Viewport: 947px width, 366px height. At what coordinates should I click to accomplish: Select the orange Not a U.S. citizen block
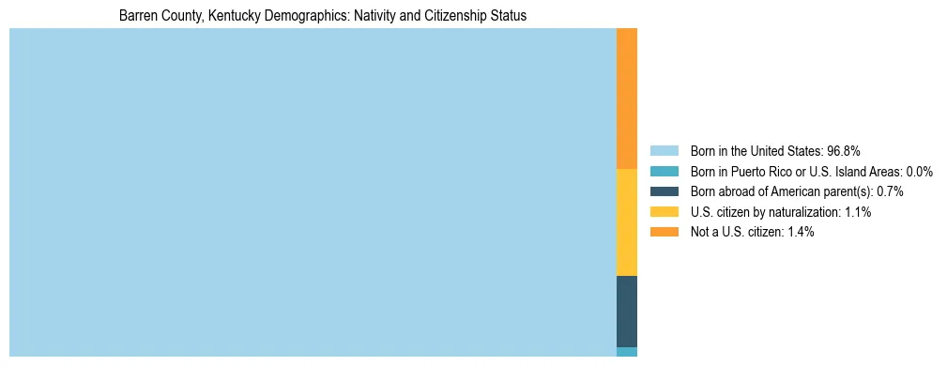(x=627, y=99)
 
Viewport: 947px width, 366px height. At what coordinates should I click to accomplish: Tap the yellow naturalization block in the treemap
(x=627, y=222)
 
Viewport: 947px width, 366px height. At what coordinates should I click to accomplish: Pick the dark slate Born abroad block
(x=627, y=312)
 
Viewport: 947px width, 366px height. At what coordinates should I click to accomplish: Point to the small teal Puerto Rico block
(x=627, y=352)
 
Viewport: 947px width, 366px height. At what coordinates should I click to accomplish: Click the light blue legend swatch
(x=664, y=151)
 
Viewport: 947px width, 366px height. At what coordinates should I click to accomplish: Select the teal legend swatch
(x=664, y=172)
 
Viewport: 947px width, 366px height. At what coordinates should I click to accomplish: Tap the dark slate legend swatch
(x=664, y=191)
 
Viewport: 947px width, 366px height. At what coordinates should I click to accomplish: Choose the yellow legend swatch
(x=664, y=212)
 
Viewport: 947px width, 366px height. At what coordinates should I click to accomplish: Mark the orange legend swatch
(x=664, y=233)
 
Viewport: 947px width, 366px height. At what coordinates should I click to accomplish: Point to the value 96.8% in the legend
(x=844, y=151)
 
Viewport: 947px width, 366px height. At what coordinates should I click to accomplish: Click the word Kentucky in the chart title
(x=233, y=16)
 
